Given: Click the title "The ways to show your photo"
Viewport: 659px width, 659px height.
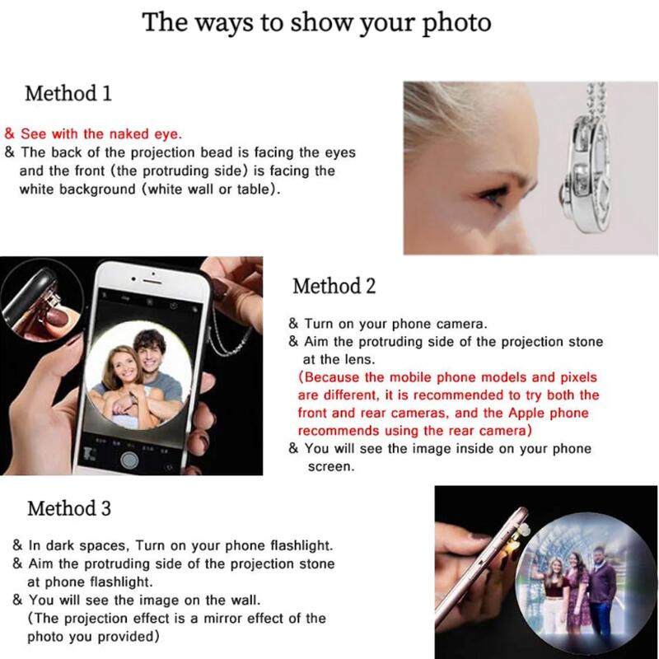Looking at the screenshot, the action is (316, 22).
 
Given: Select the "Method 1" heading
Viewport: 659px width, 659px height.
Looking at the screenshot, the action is (68, 93).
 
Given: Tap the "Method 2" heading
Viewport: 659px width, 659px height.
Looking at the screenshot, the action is (334, 286).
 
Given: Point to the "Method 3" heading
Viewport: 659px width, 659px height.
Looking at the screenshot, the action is (69, 508).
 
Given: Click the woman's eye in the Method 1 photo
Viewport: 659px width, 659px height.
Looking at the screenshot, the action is (488, 196).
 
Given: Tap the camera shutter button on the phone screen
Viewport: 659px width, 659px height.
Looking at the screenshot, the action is (129, 459).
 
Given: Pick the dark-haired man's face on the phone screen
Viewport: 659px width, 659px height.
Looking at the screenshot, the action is (149, 353).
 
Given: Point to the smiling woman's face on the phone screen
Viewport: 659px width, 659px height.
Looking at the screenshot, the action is (119, 367).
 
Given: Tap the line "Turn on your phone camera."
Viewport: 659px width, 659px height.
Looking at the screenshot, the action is (395, 324).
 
